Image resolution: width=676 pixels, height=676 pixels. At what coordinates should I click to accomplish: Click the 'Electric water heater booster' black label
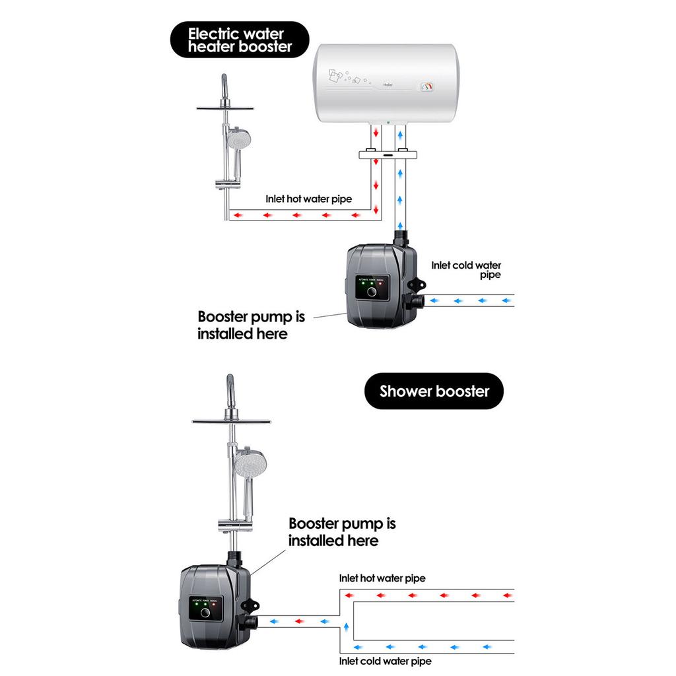click(x=239, y=40)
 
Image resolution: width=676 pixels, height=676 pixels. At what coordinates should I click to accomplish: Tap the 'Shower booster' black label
click(x=434, y=391)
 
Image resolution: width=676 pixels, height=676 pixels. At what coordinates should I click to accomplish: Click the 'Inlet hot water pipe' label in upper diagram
click(x=308, y=198)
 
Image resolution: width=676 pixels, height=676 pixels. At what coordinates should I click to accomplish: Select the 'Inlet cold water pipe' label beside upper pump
click(x=466, y=269)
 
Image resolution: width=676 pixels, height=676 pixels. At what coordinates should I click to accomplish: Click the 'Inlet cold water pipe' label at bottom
click(x=386, y=660)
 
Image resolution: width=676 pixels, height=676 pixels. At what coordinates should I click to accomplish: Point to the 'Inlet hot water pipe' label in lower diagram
click(x=382, y=578)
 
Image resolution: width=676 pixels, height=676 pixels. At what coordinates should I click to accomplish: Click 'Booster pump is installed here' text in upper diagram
click(x=251, y=325)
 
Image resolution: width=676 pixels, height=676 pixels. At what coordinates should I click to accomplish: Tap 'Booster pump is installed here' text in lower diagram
click(x=342, y=532)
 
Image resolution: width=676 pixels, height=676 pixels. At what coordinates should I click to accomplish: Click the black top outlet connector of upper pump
click(x=402, y=237)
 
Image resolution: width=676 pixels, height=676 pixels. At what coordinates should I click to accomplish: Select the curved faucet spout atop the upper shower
click(x=226, y=86)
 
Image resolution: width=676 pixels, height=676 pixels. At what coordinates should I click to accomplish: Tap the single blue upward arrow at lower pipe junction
click(x=346, y=626)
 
